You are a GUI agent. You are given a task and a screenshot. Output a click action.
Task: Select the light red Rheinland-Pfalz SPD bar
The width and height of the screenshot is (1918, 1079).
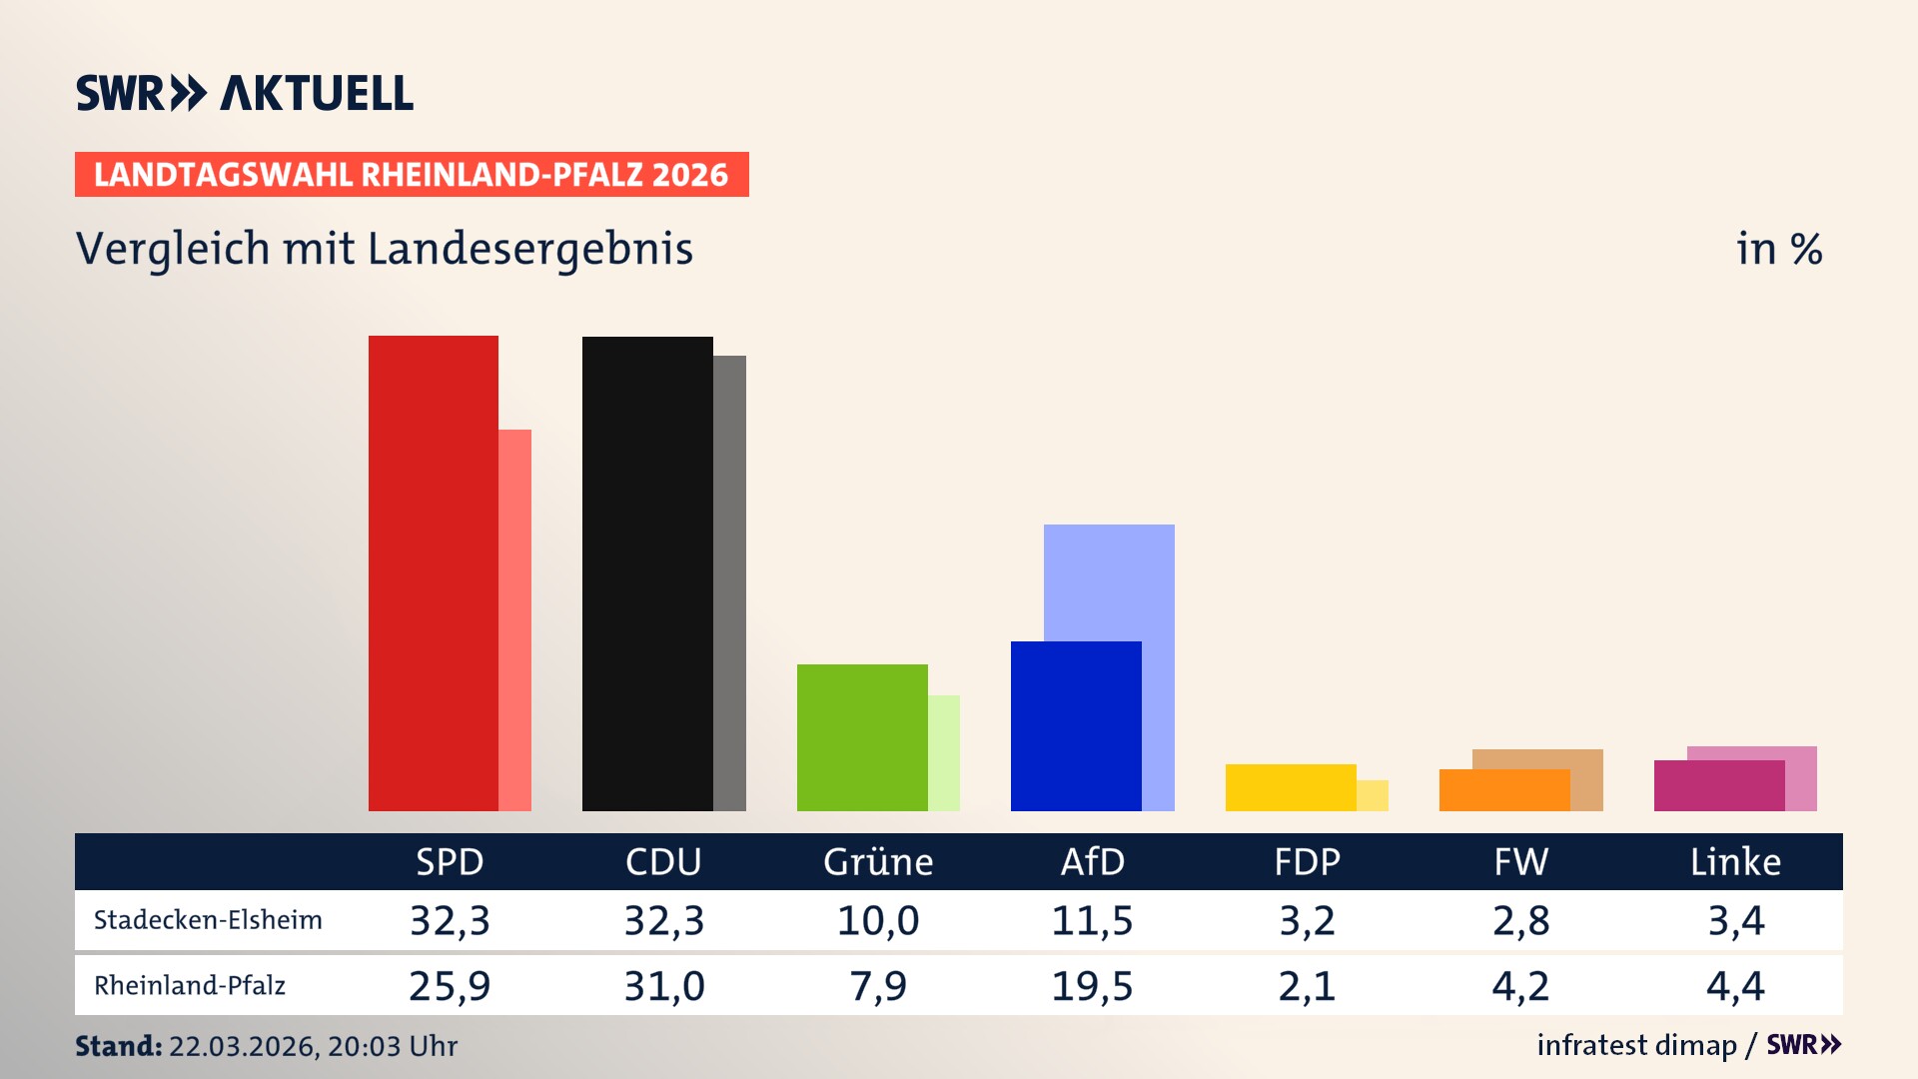515,619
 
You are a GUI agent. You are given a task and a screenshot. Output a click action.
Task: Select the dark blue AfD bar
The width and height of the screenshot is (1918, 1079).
1076,725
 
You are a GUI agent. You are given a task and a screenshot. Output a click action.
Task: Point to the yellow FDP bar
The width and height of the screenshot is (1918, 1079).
1291,787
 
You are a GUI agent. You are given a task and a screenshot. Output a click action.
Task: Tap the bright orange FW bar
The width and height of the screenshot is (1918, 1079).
1504,789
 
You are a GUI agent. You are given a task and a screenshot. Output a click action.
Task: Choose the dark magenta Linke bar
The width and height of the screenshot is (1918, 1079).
1719,785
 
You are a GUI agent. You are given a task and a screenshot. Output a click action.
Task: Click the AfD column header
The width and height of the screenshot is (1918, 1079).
1092,861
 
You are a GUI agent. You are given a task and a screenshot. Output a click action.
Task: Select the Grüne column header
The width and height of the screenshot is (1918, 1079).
878,861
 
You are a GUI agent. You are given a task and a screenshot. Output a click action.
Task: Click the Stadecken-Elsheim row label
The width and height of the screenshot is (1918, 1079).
208,920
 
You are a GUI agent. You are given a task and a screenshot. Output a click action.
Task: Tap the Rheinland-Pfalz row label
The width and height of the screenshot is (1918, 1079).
190,986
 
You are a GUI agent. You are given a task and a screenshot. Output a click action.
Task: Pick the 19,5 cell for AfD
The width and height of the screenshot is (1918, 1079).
1092,986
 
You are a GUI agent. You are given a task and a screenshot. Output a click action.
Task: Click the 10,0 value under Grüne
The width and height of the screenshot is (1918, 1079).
878,920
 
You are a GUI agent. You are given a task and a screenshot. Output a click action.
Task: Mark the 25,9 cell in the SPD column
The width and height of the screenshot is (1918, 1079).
450,986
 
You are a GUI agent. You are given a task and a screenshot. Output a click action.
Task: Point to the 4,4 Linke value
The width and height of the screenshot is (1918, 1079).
1735,986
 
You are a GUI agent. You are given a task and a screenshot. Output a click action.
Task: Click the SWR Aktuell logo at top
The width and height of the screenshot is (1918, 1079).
245,93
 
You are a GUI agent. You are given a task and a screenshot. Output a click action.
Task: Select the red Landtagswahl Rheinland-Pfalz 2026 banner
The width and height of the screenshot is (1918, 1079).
412,174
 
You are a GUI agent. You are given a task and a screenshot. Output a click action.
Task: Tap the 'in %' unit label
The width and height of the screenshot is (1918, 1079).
1778,249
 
